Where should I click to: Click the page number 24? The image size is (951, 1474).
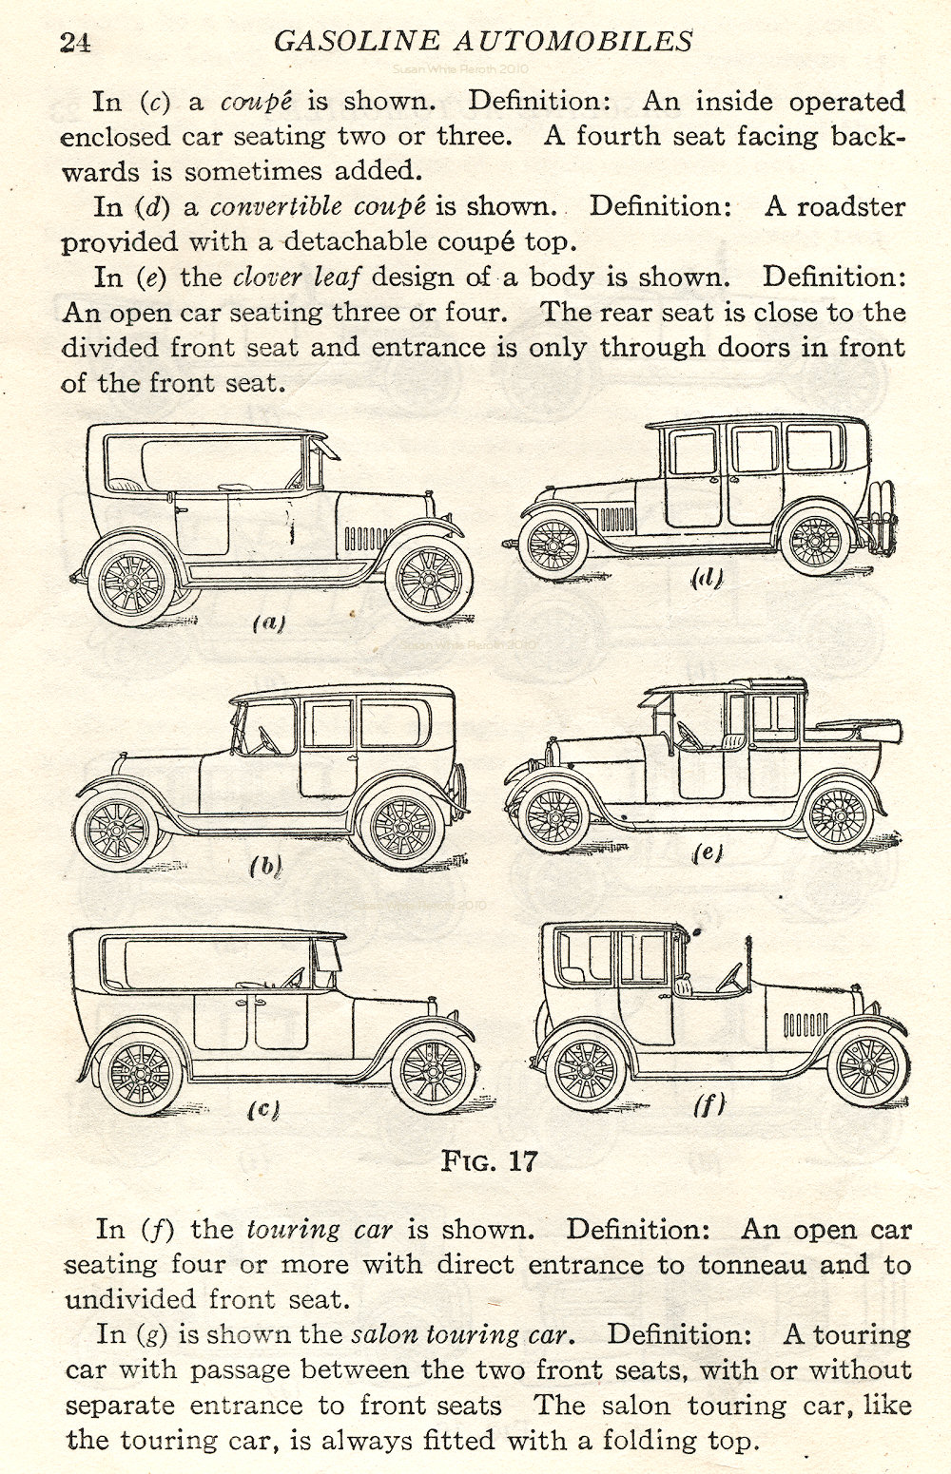[75, 43]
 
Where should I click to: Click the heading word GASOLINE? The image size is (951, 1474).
[356, 41]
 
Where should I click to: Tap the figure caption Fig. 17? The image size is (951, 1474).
[490, 1160]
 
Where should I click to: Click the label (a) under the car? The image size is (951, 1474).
[269, 622]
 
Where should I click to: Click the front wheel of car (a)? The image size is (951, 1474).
[429, 580]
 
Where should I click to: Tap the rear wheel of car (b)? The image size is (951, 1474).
[402, 827]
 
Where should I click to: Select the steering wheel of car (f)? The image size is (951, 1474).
[729, 977]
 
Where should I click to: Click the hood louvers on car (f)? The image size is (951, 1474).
[805, 1024]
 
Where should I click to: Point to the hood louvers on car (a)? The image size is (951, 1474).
[367, 539]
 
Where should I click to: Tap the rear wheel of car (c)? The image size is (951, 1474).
[141, 1073]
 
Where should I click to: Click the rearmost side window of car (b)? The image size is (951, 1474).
[391, 723]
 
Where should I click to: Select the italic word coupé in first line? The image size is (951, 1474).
[256, 102]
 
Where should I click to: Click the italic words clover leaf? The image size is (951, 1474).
[296, 278]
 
